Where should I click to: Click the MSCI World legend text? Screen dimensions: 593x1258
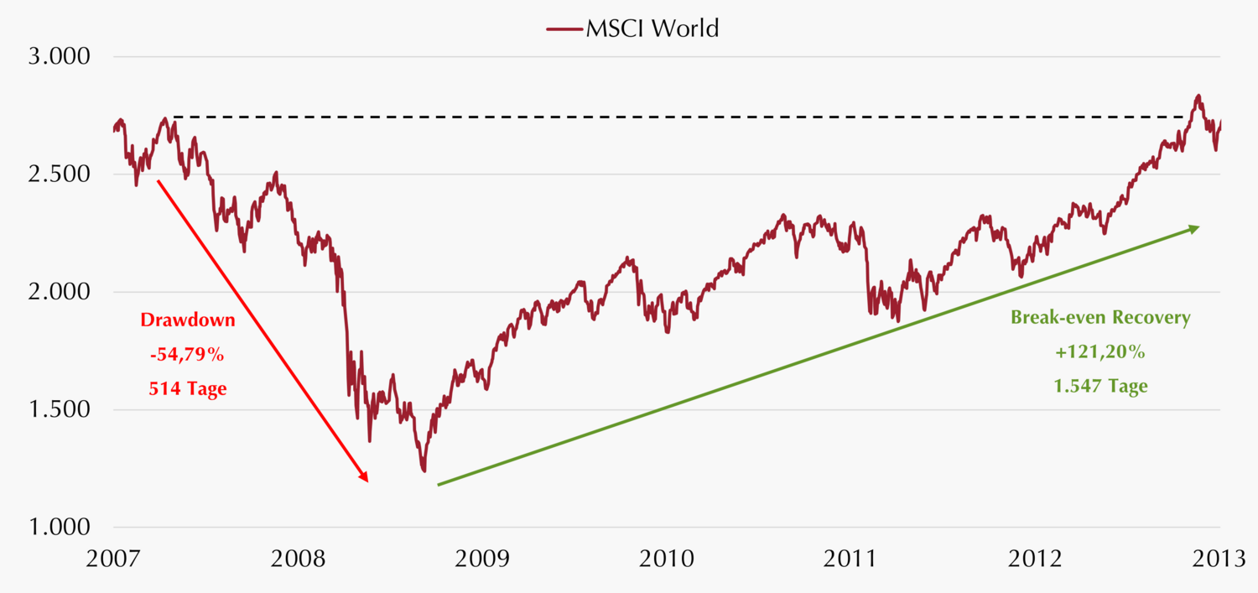pos(652,29)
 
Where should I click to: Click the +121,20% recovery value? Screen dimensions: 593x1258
pos(1100,352)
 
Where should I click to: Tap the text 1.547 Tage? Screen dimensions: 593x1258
pos(1100,387)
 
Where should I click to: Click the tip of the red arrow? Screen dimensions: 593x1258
pos(367,481)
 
